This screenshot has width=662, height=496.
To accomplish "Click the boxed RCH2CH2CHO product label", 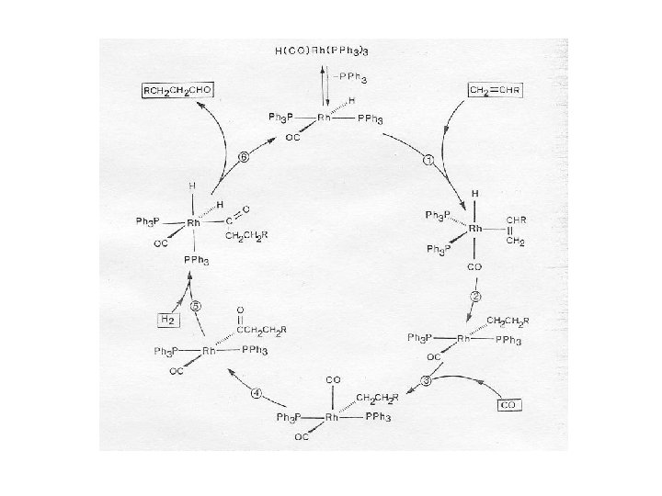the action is tap(176, 90).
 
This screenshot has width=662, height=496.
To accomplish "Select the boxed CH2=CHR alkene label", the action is tap(496, 90).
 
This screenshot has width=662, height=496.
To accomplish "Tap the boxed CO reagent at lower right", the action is tap(510, 403).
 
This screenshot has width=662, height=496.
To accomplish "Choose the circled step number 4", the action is tap(258, 393).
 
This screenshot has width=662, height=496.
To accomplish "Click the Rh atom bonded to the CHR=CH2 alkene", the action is tap(474, 227).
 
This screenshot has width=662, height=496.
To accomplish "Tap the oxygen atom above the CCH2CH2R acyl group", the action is tap(239, 310).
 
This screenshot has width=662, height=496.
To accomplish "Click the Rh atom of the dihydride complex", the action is tap(193, 223).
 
